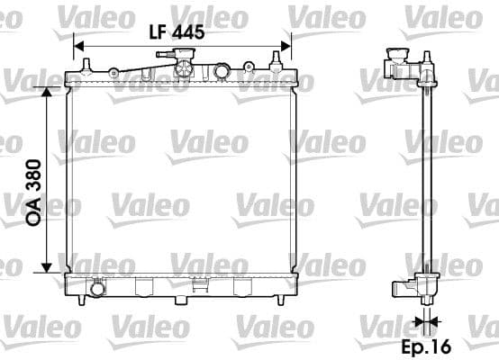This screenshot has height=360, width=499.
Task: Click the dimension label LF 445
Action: (177, 31)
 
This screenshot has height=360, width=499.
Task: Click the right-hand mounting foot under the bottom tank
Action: (240, 287)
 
